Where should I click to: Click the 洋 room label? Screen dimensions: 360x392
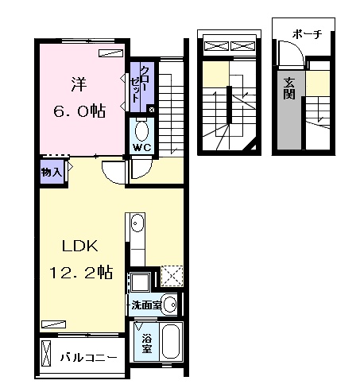click(x=79, y=84)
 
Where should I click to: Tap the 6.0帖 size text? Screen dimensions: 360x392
click(x=79, y=111)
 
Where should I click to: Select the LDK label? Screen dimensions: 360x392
click(x=80, y=246)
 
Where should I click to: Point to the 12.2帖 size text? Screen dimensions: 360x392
click(x=81, y=272)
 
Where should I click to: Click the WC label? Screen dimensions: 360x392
click(x=142, y=147)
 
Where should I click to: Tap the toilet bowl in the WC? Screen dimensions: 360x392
click(x=141, y=131)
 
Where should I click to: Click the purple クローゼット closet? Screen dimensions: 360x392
click(x=142, y=87)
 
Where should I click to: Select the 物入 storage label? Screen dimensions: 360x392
click(x=52, y=173)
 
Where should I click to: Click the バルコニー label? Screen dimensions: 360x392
click(x=88, y=358)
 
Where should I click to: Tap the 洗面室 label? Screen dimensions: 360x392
click(x=146, y=305)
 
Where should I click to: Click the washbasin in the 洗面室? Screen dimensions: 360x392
click(x=169, y=305)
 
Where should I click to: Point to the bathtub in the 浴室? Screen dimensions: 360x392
click(x=171, y=342)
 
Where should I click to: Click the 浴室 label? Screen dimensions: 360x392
click(x=146, y=343)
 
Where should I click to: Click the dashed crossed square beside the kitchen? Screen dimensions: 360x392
click(x=172, y=276)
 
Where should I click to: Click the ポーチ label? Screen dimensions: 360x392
click(x=308, y=34)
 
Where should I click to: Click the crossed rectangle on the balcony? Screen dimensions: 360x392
click(x=46, y=354)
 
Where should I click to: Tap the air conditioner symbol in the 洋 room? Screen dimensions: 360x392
click(x=111, y=53)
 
